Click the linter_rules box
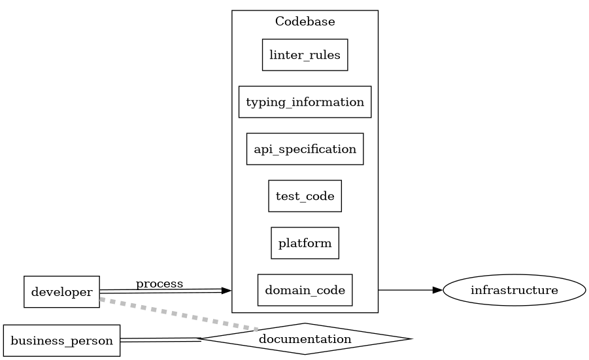point(305,55)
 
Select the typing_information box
point(305,102)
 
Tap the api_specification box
point(305,149)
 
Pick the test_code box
point(305,196)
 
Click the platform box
point(305,243)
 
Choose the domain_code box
point(305,290)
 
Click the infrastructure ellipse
point(514,290)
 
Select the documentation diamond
point(305,338)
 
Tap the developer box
point(61,291)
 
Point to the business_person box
point(61,340)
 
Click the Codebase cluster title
point(305,22)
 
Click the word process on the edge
point(160,284)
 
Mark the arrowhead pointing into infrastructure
point(438,289)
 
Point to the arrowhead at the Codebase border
point(226,290)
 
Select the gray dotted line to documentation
point(177,314)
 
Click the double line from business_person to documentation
point(160,340)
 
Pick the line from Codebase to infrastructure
point(405,289)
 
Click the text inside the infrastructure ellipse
point(514,290)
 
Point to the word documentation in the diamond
point(305,339)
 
